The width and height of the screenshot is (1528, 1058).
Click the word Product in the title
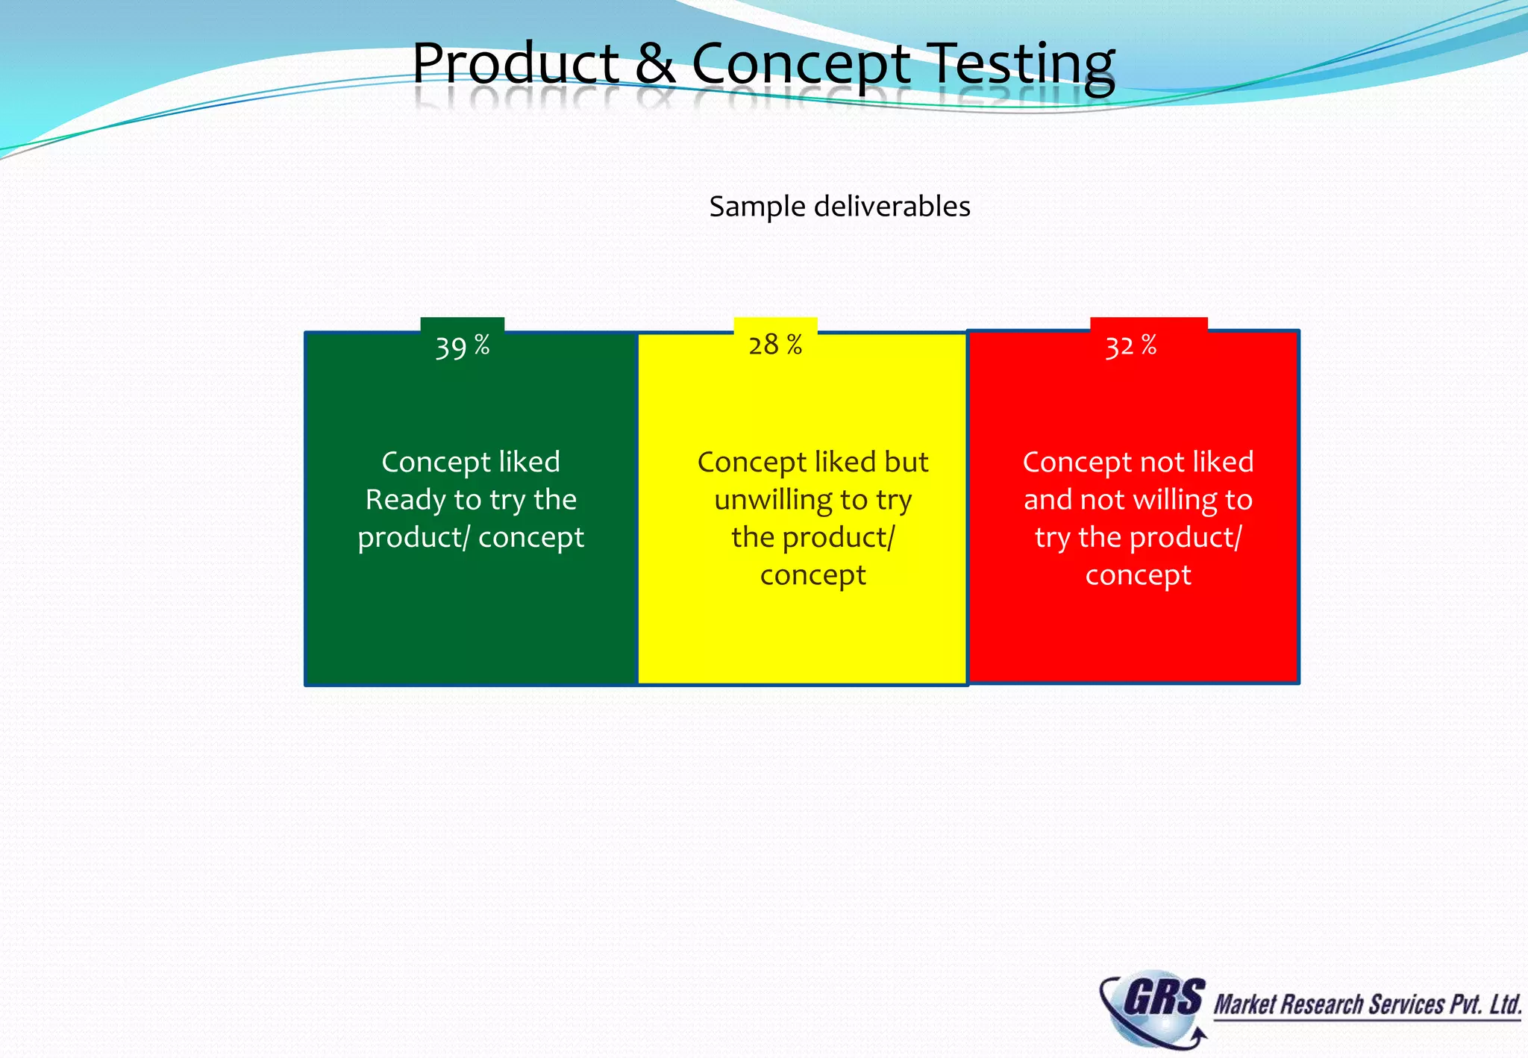[516, 63]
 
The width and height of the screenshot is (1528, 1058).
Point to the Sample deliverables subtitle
[839, 207]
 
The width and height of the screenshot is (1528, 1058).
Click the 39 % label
[463, 346]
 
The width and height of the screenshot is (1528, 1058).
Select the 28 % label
[775, 345]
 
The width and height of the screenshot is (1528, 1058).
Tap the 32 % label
[1130, 346]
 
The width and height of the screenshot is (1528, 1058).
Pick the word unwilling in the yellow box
[773, 500]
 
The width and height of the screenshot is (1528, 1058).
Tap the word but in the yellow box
[906, 463]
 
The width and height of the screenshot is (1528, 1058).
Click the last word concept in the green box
[530, 537]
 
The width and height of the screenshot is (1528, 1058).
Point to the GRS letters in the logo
[1163, 998]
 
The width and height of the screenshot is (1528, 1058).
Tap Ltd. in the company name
[1505, 1004]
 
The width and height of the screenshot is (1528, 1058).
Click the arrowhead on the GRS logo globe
[1199, 1034]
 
